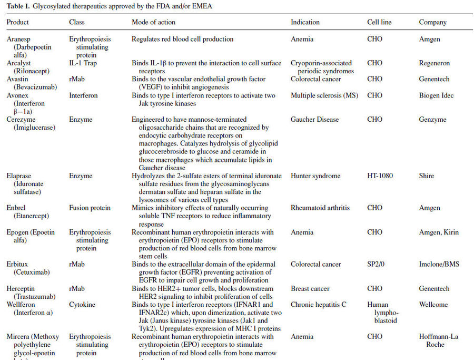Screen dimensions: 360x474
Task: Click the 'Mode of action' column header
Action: (153, 23)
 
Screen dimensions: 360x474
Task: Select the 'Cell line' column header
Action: (379, 23)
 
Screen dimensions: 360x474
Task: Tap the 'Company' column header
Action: (432, 23)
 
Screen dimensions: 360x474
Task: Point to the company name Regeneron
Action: (434, 63)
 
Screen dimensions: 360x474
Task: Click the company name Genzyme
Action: (432, 120)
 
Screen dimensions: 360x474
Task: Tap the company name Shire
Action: (427, 176)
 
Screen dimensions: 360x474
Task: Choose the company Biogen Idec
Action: (437, 95)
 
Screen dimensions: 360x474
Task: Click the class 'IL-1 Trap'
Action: (83, 63)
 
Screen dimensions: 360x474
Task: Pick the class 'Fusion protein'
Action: (90, 208)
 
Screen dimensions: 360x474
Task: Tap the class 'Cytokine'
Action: (81, 305)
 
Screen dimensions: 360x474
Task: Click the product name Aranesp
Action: (19, 39)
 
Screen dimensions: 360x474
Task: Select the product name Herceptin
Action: (21, 289)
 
